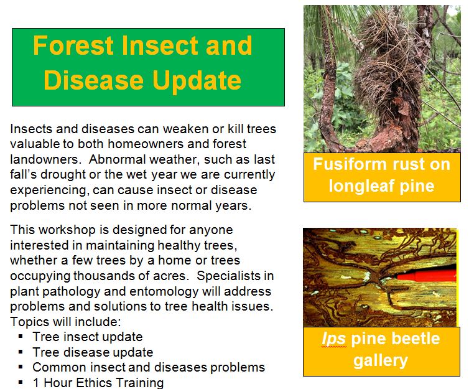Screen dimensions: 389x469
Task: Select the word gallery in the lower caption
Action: click(380, 360)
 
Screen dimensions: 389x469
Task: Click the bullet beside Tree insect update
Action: click(21, 336)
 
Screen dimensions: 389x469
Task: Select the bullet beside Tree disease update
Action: click(21, 352)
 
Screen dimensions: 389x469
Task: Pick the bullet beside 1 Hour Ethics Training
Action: click(21, 382)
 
